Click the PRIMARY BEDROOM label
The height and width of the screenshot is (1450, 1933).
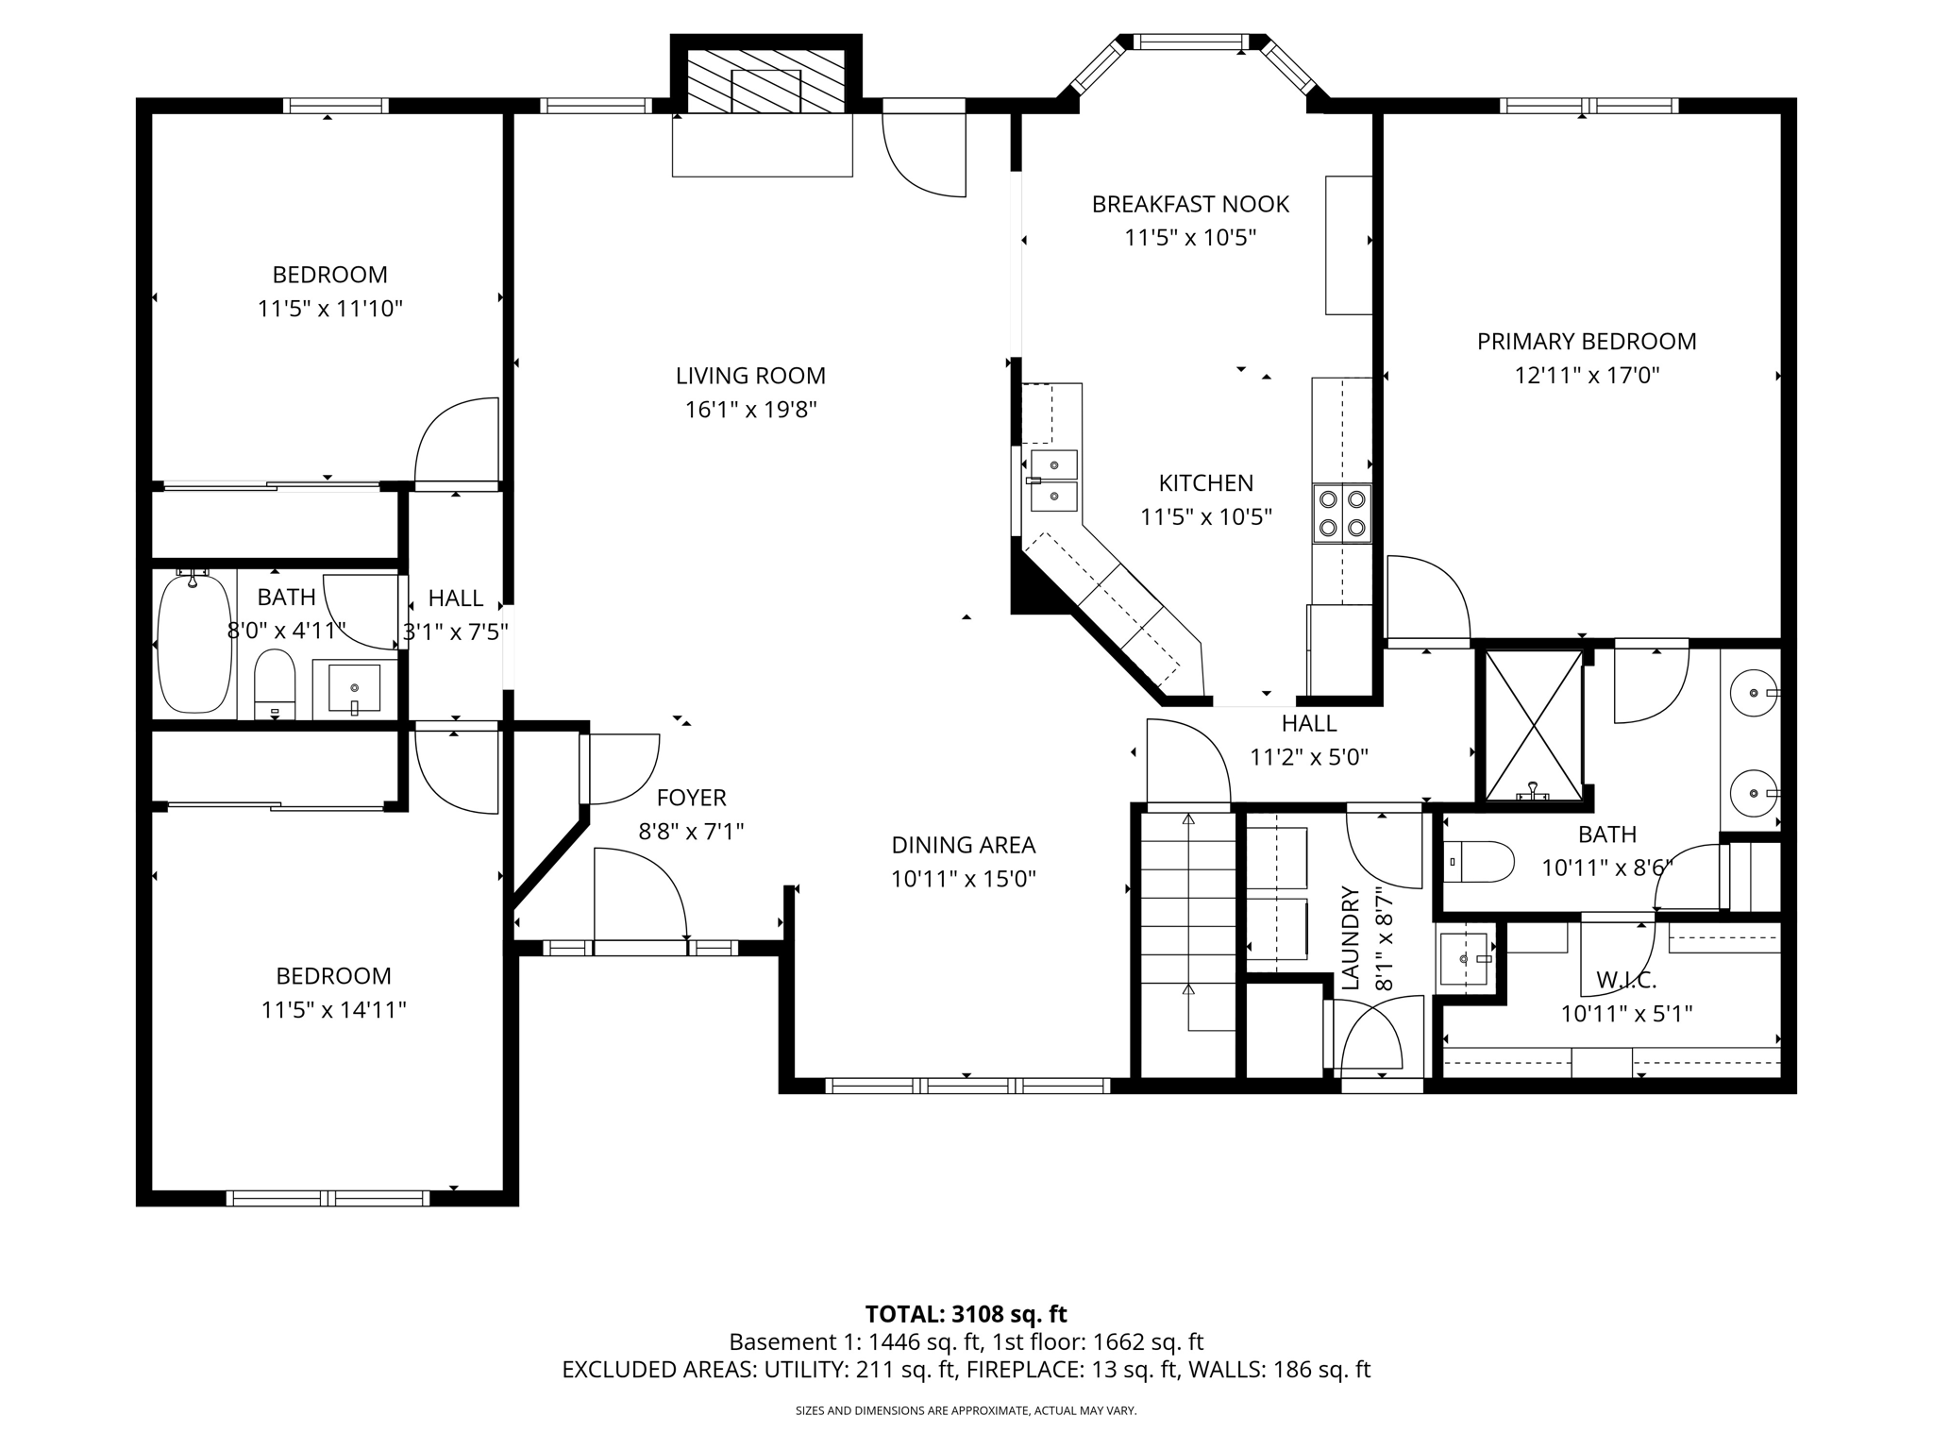coord(1586,342)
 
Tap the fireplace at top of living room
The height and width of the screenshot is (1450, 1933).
coord(765,82)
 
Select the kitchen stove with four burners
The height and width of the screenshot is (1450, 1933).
coord(1341,514)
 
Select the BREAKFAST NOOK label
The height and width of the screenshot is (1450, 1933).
coord(1189,204)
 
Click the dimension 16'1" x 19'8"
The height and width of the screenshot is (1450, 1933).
coord(750,410)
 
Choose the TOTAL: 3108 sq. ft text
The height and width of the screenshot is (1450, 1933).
coord(966,1314)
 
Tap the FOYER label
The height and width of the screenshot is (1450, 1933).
coord(691,798)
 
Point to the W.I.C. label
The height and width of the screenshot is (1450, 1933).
coord(1625,980)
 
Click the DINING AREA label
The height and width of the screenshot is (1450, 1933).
coord(963,845)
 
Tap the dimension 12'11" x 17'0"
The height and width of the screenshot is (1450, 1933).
coord(1586,376)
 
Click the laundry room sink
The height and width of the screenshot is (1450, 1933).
coord(1465,959)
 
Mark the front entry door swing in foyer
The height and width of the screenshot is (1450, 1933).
coord(640,892)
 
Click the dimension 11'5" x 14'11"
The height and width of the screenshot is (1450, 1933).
coord(333,1010)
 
